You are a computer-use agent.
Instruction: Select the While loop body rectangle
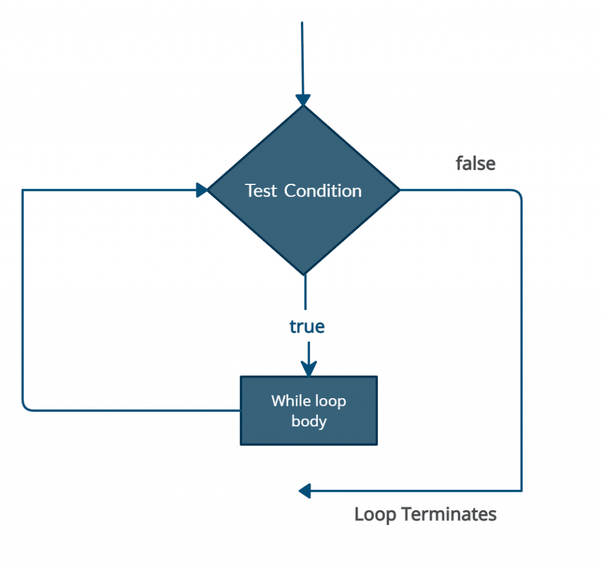[309, 411]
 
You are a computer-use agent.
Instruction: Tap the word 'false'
[475, 164]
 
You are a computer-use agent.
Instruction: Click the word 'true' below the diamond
[307, 327]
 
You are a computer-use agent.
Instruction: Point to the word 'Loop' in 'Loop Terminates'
[375, 514]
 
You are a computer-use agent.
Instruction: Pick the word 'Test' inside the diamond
[261, 191]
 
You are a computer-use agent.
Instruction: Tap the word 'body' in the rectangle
[309, 422]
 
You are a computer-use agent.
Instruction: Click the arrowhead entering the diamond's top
[303, 100]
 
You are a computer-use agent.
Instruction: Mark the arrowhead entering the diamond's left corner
[202, 190]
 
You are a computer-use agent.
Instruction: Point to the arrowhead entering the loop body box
[309, 369]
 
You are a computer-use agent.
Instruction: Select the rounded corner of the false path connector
[518, 194]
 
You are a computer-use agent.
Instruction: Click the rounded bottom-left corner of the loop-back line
[25, 406]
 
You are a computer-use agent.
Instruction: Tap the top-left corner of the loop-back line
[22, 190]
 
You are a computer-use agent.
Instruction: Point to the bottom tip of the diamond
[304, 274]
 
